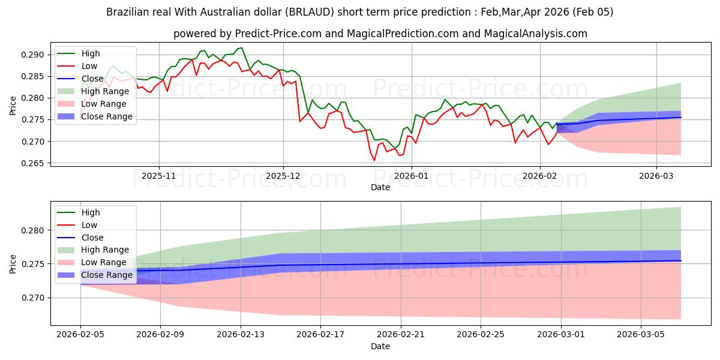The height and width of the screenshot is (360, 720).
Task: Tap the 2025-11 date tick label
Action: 159,176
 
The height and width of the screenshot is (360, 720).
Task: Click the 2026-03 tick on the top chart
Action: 656,176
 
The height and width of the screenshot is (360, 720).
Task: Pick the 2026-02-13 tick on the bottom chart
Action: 241,334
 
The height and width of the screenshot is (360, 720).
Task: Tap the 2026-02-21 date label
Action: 401,334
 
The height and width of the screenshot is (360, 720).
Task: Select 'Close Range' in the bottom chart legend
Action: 106,275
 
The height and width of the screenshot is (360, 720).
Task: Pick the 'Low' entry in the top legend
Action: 89,66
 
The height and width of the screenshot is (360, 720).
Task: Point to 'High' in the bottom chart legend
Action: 91,212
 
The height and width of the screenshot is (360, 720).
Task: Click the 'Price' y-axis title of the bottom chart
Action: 13,264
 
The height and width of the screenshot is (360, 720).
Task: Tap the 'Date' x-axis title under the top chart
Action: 380,187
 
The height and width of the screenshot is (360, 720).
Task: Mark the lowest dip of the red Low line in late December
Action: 374,160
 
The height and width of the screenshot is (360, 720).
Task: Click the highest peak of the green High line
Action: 241,47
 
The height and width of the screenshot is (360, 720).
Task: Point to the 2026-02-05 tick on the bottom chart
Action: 80,334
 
